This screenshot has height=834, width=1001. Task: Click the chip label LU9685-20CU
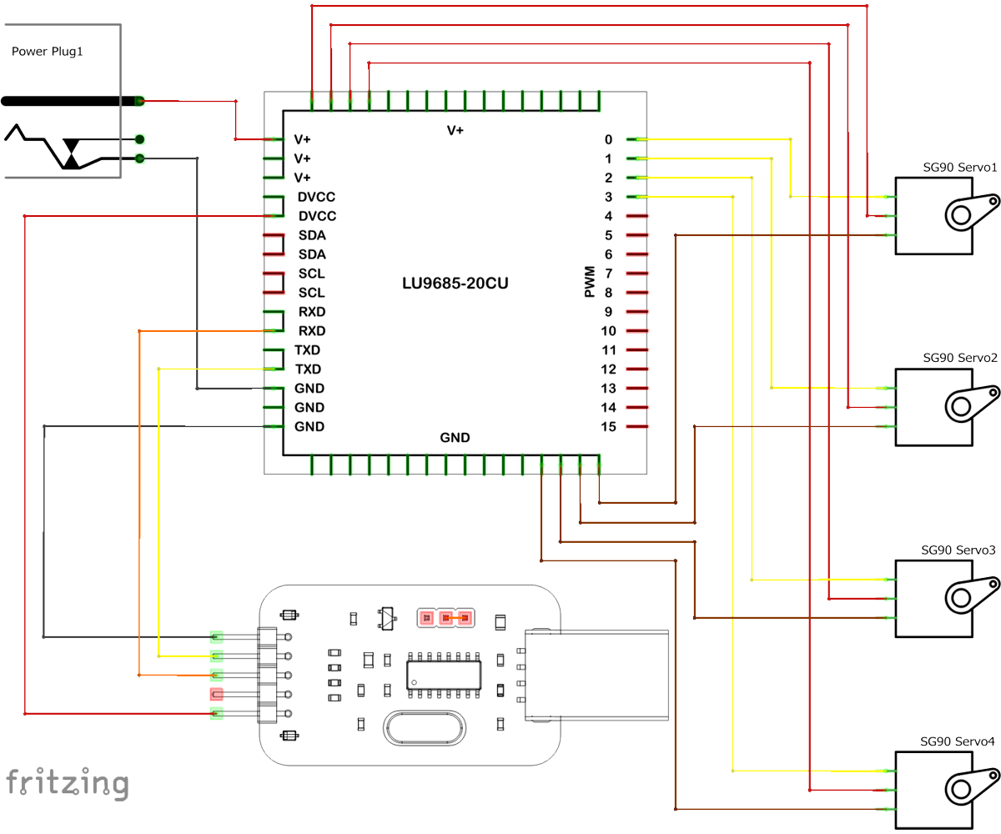pyautogui.click(x=455, y=284)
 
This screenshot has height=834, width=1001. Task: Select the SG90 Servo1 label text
pyautogui.click(x=959, y=168)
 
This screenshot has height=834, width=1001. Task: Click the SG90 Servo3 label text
pyautogui.click(x=958, y=550)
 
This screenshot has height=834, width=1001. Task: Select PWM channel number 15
pyautogui.click(x=608, y=427)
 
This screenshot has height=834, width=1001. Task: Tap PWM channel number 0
pyautogui.click(x=608, y=139)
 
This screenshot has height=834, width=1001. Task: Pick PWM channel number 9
pyautogui.click(x=608, y=312)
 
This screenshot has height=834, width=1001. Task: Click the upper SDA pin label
pyautogui.click(x=312, y=235)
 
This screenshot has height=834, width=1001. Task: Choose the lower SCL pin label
pyautogui.click(x=312, y=293)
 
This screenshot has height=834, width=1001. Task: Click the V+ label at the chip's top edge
pyautogui.click(x=455, y=131)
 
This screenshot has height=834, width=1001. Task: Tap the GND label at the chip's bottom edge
pyautogui.click(x=455, y=437)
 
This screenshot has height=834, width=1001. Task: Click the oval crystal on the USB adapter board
pyautogui.click(x=422, y=727)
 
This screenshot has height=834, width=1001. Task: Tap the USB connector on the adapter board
pyautogui.click(x=596, y=675)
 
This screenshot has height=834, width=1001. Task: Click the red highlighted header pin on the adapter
pyautogui.click(x=217, y=694)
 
